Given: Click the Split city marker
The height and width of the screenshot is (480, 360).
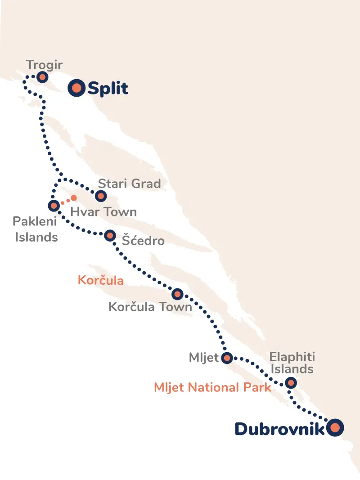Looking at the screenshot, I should (77, 88).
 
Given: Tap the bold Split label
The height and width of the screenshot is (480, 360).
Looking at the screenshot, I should (108, 89).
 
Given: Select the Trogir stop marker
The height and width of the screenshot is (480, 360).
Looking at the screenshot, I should (42, 77).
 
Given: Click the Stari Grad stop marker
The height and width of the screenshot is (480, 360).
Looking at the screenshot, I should (101, 196).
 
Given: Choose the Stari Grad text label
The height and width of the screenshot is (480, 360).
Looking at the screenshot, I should (129, 184).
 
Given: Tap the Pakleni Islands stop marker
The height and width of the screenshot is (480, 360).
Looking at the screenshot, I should (54, 206).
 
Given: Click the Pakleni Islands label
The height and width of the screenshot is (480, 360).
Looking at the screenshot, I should (36, 229).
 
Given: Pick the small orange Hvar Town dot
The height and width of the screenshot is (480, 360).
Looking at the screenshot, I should (74, 197).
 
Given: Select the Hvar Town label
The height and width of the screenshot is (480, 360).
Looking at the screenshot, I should (103, 212).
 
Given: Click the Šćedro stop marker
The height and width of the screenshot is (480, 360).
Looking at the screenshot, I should (110, 235).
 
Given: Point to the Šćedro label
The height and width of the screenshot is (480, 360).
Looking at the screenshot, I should (144, 241).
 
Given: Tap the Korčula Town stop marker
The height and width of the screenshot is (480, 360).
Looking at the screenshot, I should (178, 294).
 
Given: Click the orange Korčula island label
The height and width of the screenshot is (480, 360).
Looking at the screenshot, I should (100, 280).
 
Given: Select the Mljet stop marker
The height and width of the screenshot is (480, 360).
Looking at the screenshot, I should (227, 358).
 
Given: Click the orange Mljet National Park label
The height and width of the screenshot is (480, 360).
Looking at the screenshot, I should (212, 387).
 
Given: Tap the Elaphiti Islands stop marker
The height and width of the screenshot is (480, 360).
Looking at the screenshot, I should (291, 383).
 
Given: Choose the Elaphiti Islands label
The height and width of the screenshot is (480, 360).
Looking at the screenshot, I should (292, 363).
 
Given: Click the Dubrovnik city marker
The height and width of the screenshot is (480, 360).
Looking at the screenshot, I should (335, 427).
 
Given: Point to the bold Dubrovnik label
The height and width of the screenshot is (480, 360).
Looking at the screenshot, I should (279, 429).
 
